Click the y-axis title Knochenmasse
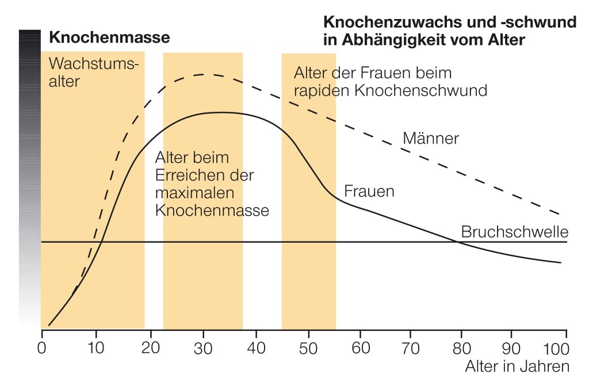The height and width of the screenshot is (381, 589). click(x=110, y=39)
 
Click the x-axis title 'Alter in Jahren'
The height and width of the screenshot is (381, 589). click(x=517, y=367)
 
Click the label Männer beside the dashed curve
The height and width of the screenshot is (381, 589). click(x=430, y=139)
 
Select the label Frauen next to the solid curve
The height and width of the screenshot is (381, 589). click(x=369, y=192)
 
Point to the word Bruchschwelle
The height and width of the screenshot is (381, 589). click(x=515, y=232)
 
